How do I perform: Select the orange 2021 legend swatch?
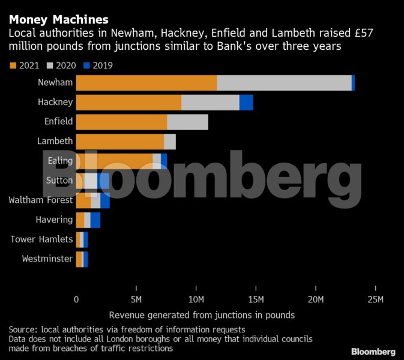tap(13, 65)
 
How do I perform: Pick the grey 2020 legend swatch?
tap(50, 65)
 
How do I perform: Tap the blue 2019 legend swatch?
tap(87, 65)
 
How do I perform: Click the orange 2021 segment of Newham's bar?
tap(146, 83)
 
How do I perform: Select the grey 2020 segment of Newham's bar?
tap(284, 83)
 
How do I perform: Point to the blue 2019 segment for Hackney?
tap(246, 103)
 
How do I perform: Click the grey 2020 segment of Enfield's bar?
tap(187, 122)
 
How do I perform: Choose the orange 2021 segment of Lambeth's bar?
tap(120, 142)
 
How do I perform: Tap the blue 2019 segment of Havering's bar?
tap(95, 220)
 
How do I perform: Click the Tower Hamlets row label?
tap(41, 239)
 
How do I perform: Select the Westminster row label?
tap(47, 259)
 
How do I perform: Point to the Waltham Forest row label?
tap(41, 200)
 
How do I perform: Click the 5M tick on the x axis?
tap(136, 299)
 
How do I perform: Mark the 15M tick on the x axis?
tap(256, 299)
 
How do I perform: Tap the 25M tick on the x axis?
tap(376, 299)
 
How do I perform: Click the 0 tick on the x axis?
tap(76, 299)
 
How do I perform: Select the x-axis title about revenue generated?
tap(202, 315)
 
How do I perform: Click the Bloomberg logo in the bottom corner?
tap(373, 351)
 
